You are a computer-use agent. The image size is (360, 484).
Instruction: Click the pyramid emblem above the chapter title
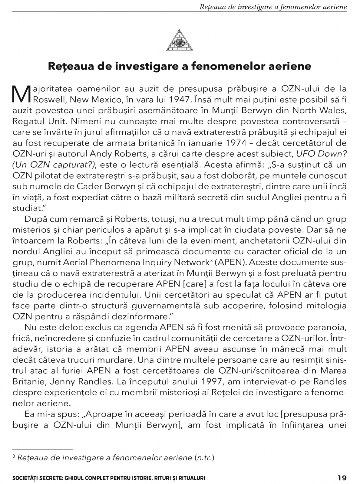pos(180,40)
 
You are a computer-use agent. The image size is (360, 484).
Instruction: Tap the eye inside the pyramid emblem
pos(180,43)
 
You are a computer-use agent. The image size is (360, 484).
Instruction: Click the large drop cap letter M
pos(22,94)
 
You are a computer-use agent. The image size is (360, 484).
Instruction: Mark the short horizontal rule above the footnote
pos(43,449)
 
